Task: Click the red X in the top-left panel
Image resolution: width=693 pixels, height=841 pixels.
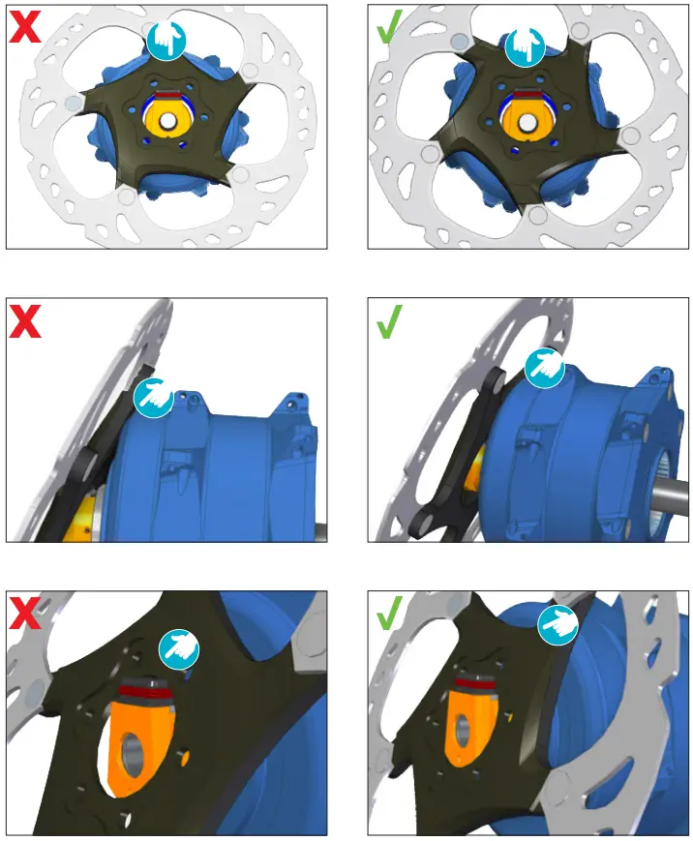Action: pyautogui.click(x=25, y=27)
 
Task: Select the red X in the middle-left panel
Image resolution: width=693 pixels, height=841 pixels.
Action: pyautogui.click(x=25, y=319)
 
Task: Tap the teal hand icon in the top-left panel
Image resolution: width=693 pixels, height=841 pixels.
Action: pyautogui.click(x=166, y=40)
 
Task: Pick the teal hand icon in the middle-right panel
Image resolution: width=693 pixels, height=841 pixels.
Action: pyautogui.click(x=544, y=368)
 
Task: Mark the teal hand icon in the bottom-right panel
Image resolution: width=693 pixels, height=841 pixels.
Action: pyautogui.click(x=558, y=624)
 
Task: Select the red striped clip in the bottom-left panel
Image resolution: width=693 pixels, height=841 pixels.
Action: pyautogui.click(x=143, y=691)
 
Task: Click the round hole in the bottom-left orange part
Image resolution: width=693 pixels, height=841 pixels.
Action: pyautogui.click(x=135, y=753)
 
